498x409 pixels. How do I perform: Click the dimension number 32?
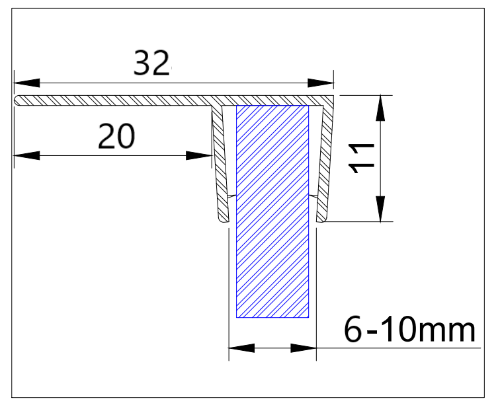[151, 63]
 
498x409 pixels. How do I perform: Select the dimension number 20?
[116, 136]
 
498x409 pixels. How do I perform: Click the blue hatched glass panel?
[272, 211]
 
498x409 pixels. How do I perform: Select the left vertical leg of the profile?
[219, 165]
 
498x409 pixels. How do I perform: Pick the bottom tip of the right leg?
[321, 220]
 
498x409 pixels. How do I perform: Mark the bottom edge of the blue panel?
[272, 318]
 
